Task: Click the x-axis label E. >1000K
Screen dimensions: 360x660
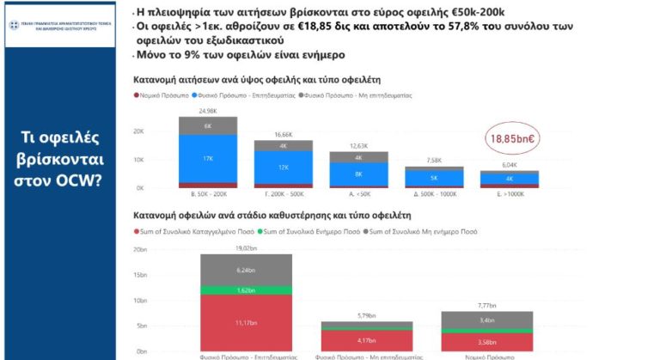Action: (x=509, y=195)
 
